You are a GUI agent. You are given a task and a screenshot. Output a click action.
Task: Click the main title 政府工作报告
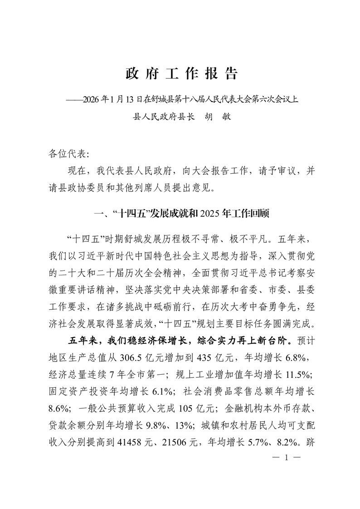pos(181,74)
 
